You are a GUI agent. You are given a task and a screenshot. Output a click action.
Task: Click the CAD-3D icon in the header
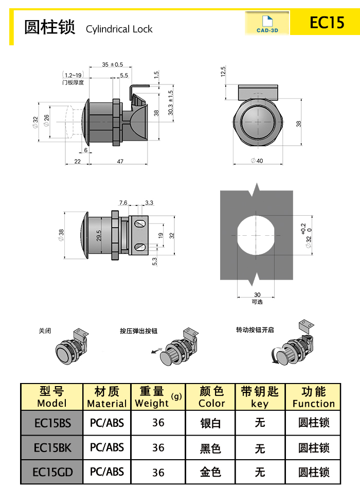(x=267, y=23)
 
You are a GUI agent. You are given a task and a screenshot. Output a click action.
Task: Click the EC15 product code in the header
(x=327, y=23)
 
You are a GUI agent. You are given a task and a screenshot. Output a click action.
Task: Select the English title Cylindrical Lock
(x=119, y=29)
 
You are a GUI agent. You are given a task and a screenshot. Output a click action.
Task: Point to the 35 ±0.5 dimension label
(x=113, y=64)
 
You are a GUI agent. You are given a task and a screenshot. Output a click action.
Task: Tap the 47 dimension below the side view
(x=120, y=162)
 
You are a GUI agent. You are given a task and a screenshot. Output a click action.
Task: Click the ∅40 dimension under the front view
(x=257, y=161)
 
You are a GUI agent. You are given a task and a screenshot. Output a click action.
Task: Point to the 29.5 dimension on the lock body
(x=99, y=236)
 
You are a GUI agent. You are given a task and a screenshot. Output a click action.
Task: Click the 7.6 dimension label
(x=123, y=203)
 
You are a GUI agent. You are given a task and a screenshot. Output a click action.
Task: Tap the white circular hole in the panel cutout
(x=257, y=235)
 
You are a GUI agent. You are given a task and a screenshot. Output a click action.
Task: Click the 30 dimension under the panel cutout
(x=257, y=295)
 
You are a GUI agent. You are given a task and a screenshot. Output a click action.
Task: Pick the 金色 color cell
(x=210, y=472)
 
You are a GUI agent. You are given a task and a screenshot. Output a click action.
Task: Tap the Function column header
(x=313, y=397)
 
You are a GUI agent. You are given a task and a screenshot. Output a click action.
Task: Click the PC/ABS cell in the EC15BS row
(x=107, y=423)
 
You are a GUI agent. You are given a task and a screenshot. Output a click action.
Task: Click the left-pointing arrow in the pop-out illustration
(x=154, y=352)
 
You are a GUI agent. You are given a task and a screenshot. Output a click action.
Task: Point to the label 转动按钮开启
(x=255, y=329)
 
